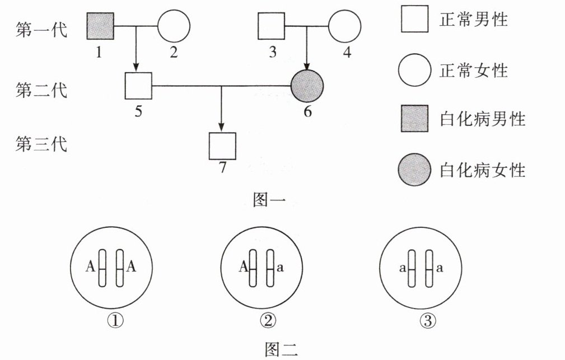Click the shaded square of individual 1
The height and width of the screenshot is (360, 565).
tap(101, 26)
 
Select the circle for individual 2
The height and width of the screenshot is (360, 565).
tap(174, 26)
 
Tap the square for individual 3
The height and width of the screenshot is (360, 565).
tap(272, 26)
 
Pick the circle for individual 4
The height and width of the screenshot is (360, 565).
tap(344, 26)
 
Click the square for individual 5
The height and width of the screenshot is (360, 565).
tap(138, 86)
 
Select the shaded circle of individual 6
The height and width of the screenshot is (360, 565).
tap(307, 86)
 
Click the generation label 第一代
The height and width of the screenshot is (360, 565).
tap(41, 29)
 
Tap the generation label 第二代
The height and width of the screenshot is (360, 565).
tap(41, 90)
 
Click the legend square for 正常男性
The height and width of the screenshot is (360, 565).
tap(414, 20)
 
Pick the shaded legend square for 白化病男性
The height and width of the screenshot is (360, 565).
tap(414, 119)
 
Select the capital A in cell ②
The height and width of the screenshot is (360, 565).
tap(244, 268)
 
